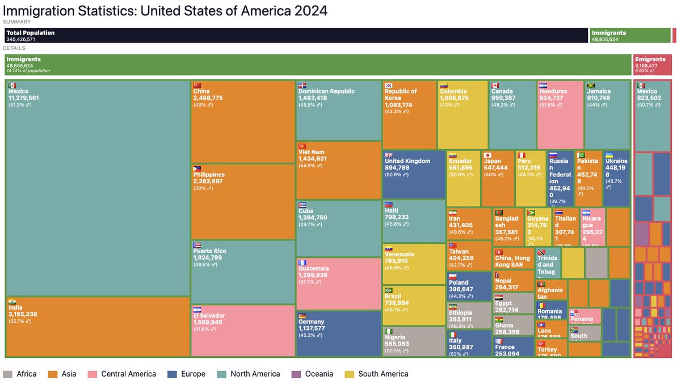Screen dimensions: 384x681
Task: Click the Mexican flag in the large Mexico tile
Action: [x=12, y=85]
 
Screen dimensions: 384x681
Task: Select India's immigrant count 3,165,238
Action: [x=23, y=314]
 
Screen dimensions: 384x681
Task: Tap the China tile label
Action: [x=201, y=91]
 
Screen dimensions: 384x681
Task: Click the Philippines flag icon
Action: [x=197, y=168]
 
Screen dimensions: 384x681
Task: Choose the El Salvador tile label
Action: [x=209, y=315]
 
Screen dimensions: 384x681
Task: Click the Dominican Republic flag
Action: [x=302, y=85]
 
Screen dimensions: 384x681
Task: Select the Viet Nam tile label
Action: [x=311, y=152]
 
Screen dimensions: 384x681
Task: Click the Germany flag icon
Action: [x=302, y=316]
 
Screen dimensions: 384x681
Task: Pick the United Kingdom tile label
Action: [x=407, y=161]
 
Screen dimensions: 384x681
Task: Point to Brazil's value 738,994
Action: [x=397, y=303]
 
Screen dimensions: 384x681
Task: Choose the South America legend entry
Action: [x=383, y=374]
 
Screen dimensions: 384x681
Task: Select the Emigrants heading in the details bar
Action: [x=650, y=59]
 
